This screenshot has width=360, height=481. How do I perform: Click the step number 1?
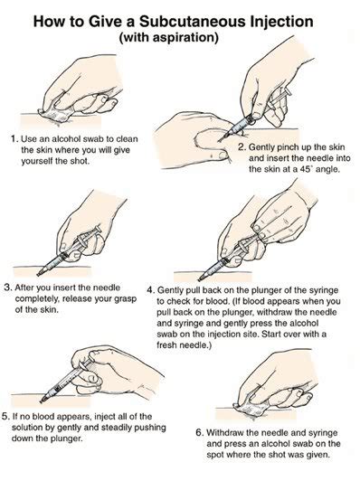[13, 138]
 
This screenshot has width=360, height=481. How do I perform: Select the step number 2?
[242, 146]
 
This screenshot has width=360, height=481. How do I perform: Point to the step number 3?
[8, 288]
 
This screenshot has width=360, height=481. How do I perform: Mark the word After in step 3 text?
[31, 288]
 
